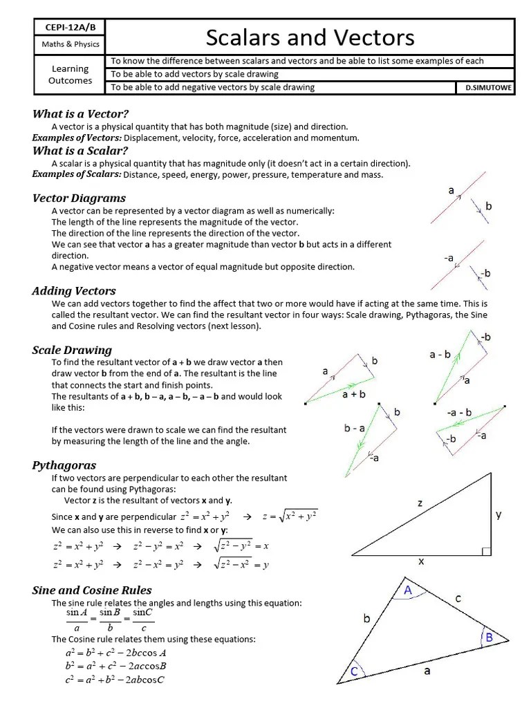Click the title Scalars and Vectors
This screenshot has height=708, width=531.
(310, 37)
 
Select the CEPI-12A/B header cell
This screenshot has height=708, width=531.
(71, 27)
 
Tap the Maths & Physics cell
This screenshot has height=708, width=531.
(71, 44)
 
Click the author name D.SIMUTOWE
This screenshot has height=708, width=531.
(485, 87)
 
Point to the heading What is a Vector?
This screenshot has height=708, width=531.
(81, 114)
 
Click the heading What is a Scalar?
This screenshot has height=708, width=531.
(80, 151)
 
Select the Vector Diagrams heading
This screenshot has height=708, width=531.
(79, 198)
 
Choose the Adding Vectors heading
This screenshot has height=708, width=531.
(74, 291)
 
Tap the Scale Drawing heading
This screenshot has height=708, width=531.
(72, 350)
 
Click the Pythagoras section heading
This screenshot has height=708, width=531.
(64, 465)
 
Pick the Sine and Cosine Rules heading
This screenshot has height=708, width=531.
(92, 590)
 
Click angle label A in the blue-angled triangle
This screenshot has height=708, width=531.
(408, 590)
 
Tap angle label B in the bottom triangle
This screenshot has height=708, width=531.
(489, 637)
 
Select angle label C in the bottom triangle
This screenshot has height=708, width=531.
(354, 671)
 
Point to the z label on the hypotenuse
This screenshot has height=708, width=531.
(420, 503)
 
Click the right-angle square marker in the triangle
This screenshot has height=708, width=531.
(486, 551)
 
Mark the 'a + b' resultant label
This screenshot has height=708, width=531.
(353, 394)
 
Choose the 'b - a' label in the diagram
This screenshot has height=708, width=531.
(354, 429)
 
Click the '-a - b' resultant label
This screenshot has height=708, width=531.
(459, 413)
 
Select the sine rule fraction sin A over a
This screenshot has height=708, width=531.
(77, 620)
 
